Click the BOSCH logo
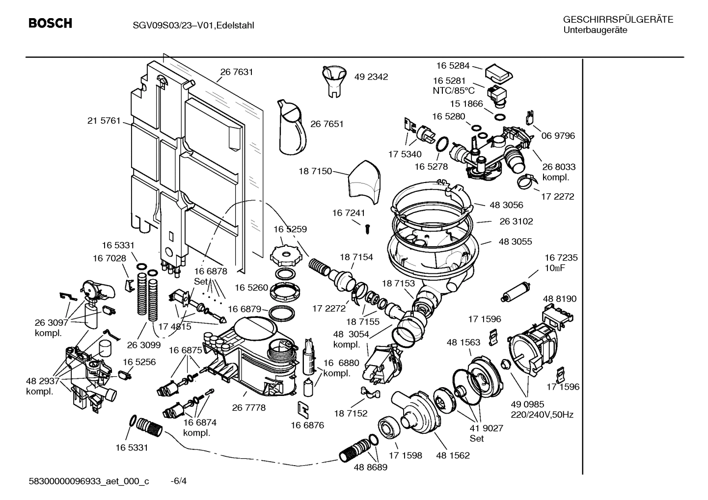50,24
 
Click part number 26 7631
236,72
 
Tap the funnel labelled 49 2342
335,79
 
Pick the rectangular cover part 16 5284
498,74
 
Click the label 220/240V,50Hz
542,415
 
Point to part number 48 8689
370,467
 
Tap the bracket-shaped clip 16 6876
304,408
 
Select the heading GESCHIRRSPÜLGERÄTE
618,20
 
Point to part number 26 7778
248,408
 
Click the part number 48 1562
452,455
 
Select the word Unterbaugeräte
595,30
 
